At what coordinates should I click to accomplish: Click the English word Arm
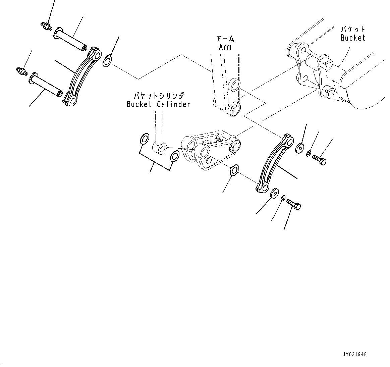tap(225, 47)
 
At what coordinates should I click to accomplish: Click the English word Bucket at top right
tap(352, 38)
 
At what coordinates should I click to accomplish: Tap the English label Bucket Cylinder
tap(158, 104)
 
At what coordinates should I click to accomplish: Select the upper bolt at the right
tap(319, 160)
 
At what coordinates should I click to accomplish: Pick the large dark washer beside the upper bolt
tap(299, 148)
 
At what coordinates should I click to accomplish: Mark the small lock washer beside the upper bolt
tap(308, 154)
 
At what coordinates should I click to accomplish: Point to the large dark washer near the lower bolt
tap(275, 193)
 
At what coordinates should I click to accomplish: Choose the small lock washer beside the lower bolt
tap(283, 199)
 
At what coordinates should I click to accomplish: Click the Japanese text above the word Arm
tap(225, 39)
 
